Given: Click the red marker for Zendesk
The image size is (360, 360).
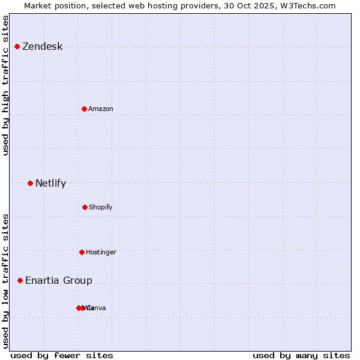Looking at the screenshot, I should (17, 47).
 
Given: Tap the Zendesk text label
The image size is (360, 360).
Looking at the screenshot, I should (42, 47).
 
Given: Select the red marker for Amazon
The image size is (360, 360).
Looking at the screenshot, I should (84, 109).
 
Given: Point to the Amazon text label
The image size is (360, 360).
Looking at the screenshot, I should (101, 109).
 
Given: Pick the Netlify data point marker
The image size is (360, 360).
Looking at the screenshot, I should (30, 183).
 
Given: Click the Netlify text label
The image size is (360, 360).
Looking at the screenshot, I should (50, 184).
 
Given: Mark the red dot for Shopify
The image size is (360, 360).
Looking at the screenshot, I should (85, 207).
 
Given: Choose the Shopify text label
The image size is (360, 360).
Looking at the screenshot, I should (101, 207).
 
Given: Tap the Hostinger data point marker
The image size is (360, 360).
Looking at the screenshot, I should (82, 252).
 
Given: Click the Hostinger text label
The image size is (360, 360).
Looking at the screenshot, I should (101, 252).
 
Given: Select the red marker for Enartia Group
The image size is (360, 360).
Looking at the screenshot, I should (20, 280).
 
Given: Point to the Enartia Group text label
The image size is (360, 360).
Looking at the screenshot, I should (59, 281).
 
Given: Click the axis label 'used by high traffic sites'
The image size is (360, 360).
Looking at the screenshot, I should (6, 85).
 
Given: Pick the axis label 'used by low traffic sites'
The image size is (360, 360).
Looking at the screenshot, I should (6, 280).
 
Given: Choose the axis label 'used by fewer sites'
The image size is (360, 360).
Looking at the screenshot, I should (62, 355).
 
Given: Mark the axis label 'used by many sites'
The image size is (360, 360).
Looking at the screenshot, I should (301, 355).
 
